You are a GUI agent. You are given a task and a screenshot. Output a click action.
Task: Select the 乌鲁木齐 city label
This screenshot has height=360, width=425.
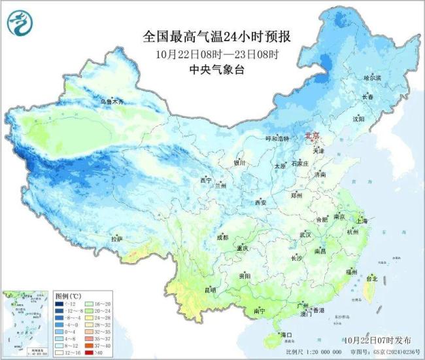pyautogui.click(x=111, y=101)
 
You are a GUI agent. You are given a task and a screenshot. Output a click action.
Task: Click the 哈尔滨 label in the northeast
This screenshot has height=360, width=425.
pyautogui.click(x=371, y=77)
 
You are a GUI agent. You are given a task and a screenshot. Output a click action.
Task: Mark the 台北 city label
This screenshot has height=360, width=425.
pyautogui.click(x=371, y=279)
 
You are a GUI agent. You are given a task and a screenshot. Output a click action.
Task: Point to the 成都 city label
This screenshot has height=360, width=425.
pyautogui.click(x=222, y=237)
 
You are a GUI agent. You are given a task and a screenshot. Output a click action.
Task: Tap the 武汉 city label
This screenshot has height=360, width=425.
pyautogui.click(x=306, y=234)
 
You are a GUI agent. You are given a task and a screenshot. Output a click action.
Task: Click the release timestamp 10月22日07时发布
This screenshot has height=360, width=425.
pyautogui.click(x=376, y=340)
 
